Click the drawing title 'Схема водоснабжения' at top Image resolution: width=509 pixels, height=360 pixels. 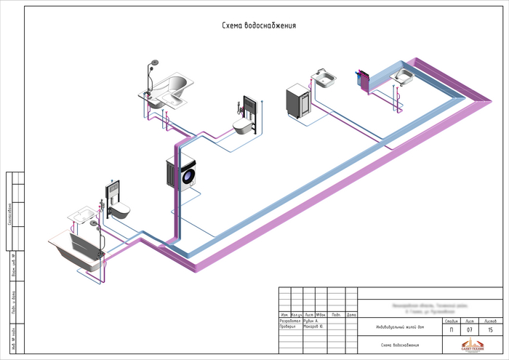pos(258,26)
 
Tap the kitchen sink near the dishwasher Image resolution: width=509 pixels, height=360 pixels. pos(325,76)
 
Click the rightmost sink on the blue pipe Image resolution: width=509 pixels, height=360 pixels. pos(402,76)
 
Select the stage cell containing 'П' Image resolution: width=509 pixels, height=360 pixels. pos(451,331)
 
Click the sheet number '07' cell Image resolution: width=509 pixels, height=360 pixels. pos(470,331)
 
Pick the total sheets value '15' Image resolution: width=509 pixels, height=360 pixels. pos(489,331)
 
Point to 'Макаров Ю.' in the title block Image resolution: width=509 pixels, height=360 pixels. pos(314,327)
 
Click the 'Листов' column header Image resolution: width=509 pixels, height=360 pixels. pos(489,320)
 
